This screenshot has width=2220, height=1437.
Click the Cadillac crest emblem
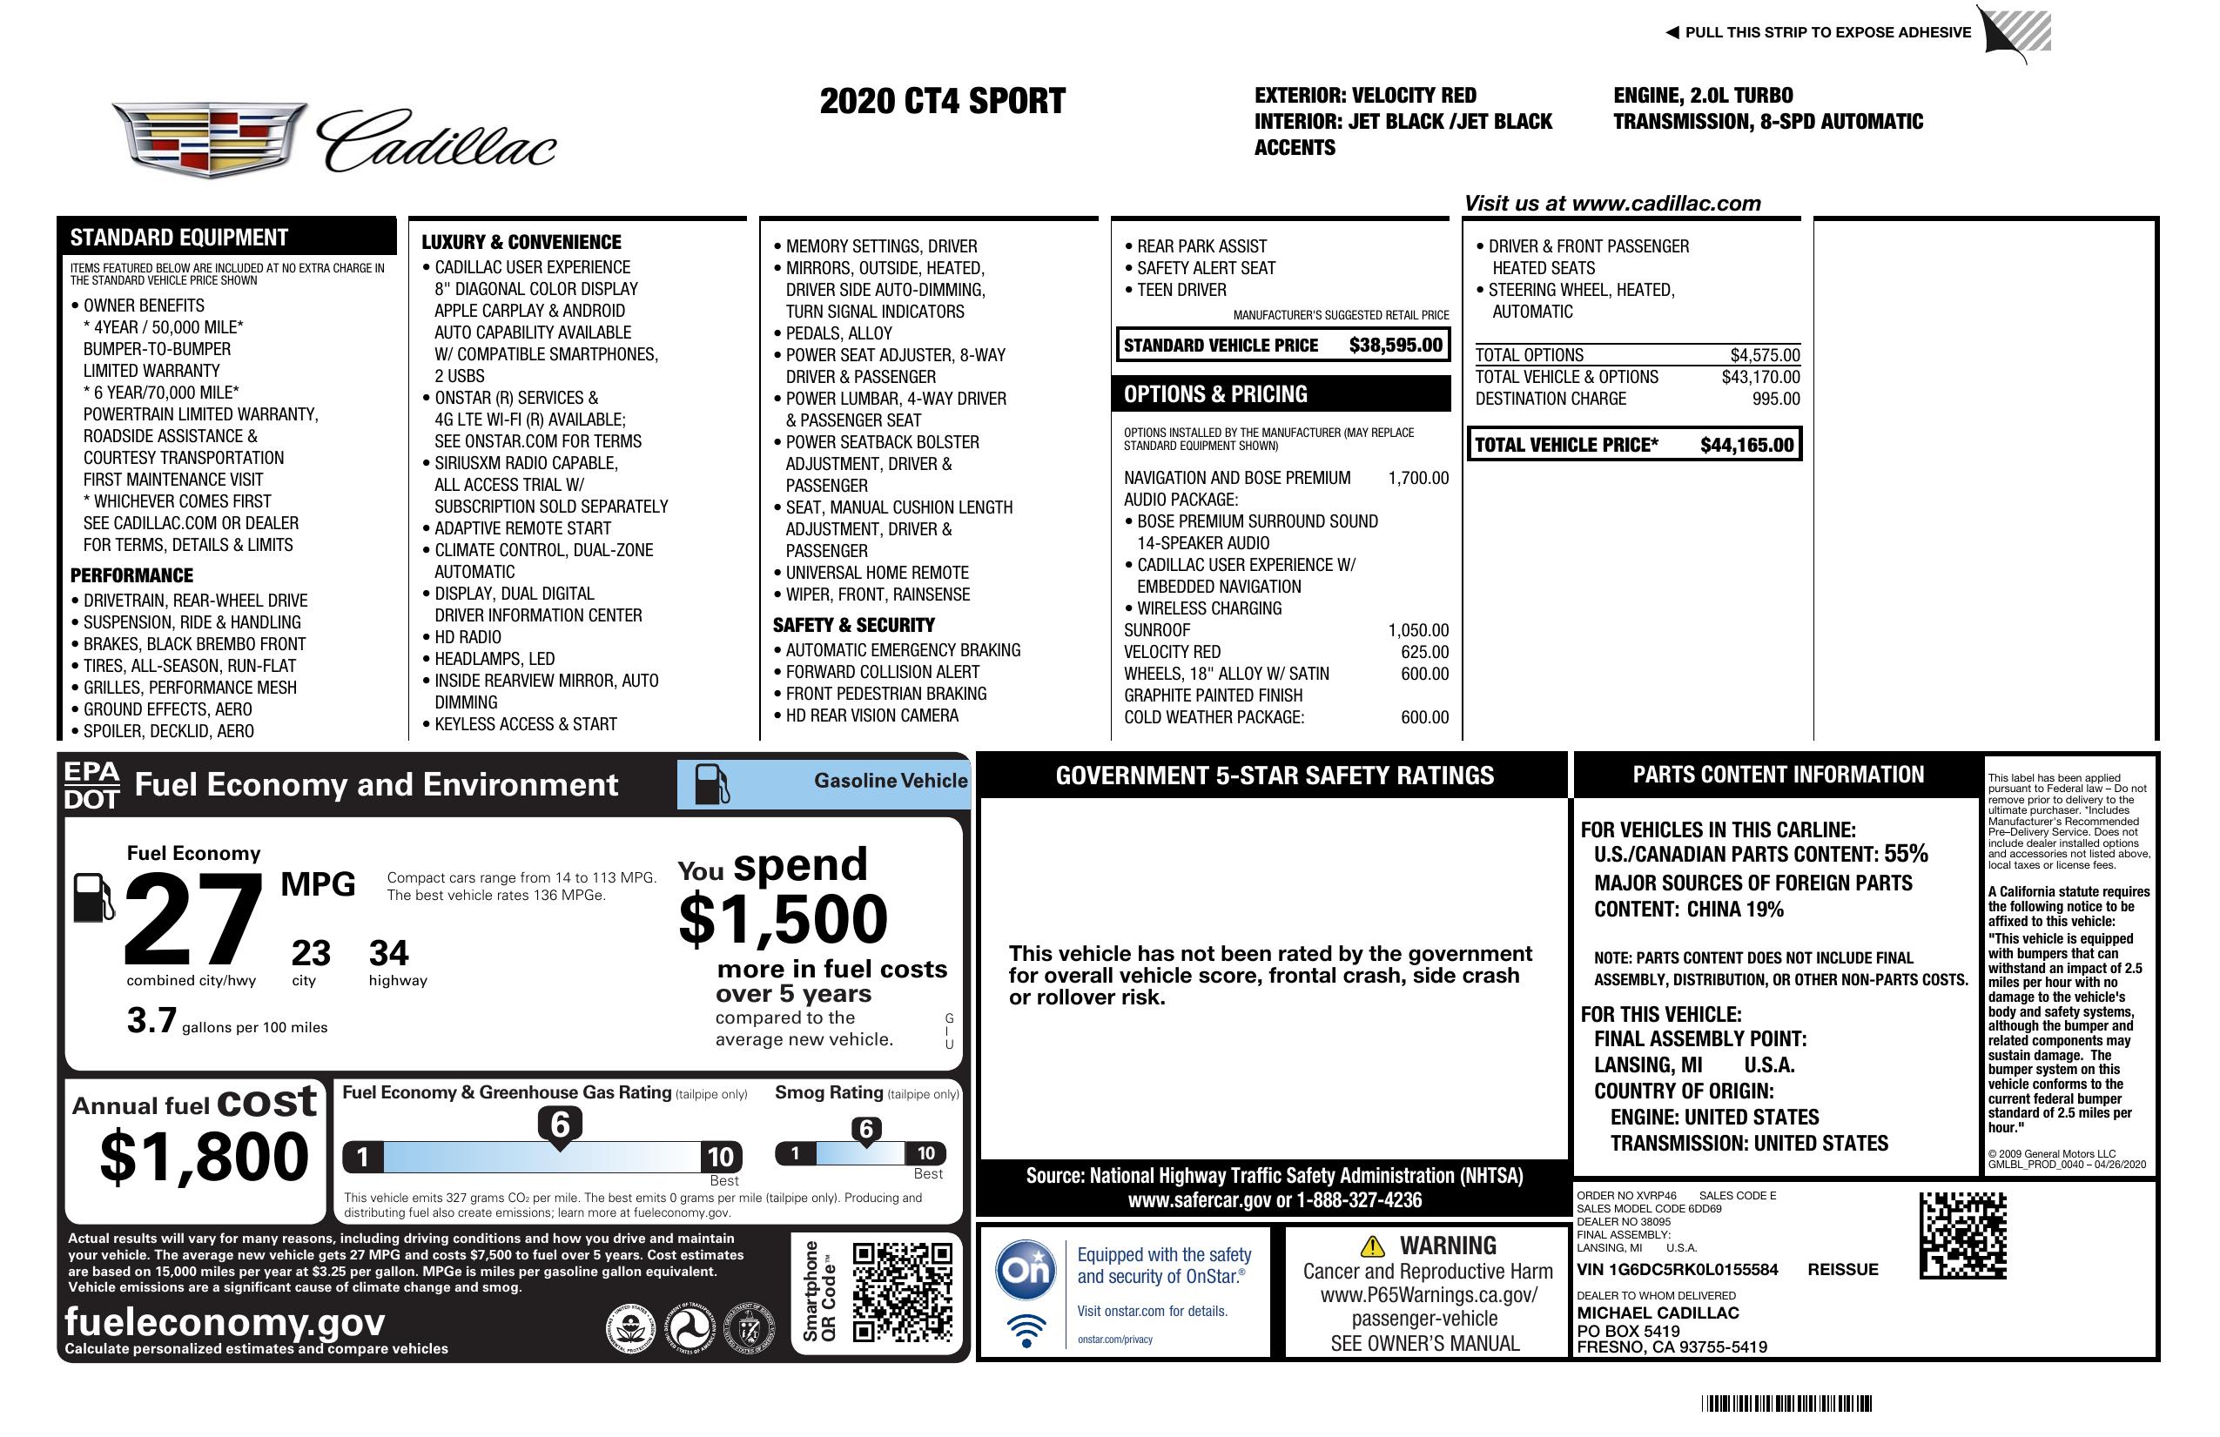tap(209, 140)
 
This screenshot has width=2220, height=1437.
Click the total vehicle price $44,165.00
tap(1746, 445)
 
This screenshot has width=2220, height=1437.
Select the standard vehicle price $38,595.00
tap(1396, 345)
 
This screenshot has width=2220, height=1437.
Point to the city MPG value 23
tap(311, 953)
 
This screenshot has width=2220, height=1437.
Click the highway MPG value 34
tap(388, 953)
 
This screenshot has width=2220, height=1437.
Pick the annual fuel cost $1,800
tap(204, 1157)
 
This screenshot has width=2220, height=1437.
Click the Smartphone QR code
tap(901, 1291)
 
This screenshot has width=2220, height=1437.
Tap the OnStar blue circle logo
tap(1026, 1269)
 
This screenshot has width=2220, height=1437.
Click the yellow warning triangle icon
tap(1372, 1246)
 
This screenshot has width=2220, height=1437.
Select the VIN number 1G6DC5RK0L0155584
tap(1677, 1269)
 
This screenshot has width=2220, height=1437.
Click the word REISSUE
tap(1842, 1269)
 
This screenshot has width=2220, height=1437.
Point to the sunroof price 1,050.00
tap(1418, 630)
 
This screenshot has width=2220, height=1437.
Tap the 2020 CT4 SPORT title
tap(942, 102)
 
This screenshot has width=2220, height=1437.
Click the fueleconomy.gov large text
tap(225, 1321)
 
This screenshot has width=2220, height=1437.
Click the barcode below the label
tap(1786, 1403)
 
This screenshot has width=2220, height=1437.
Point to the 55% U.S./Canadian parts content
tap(1906, 853)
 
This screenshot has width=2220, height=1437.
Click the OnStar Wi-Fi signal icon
tap(1026, 1329)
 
